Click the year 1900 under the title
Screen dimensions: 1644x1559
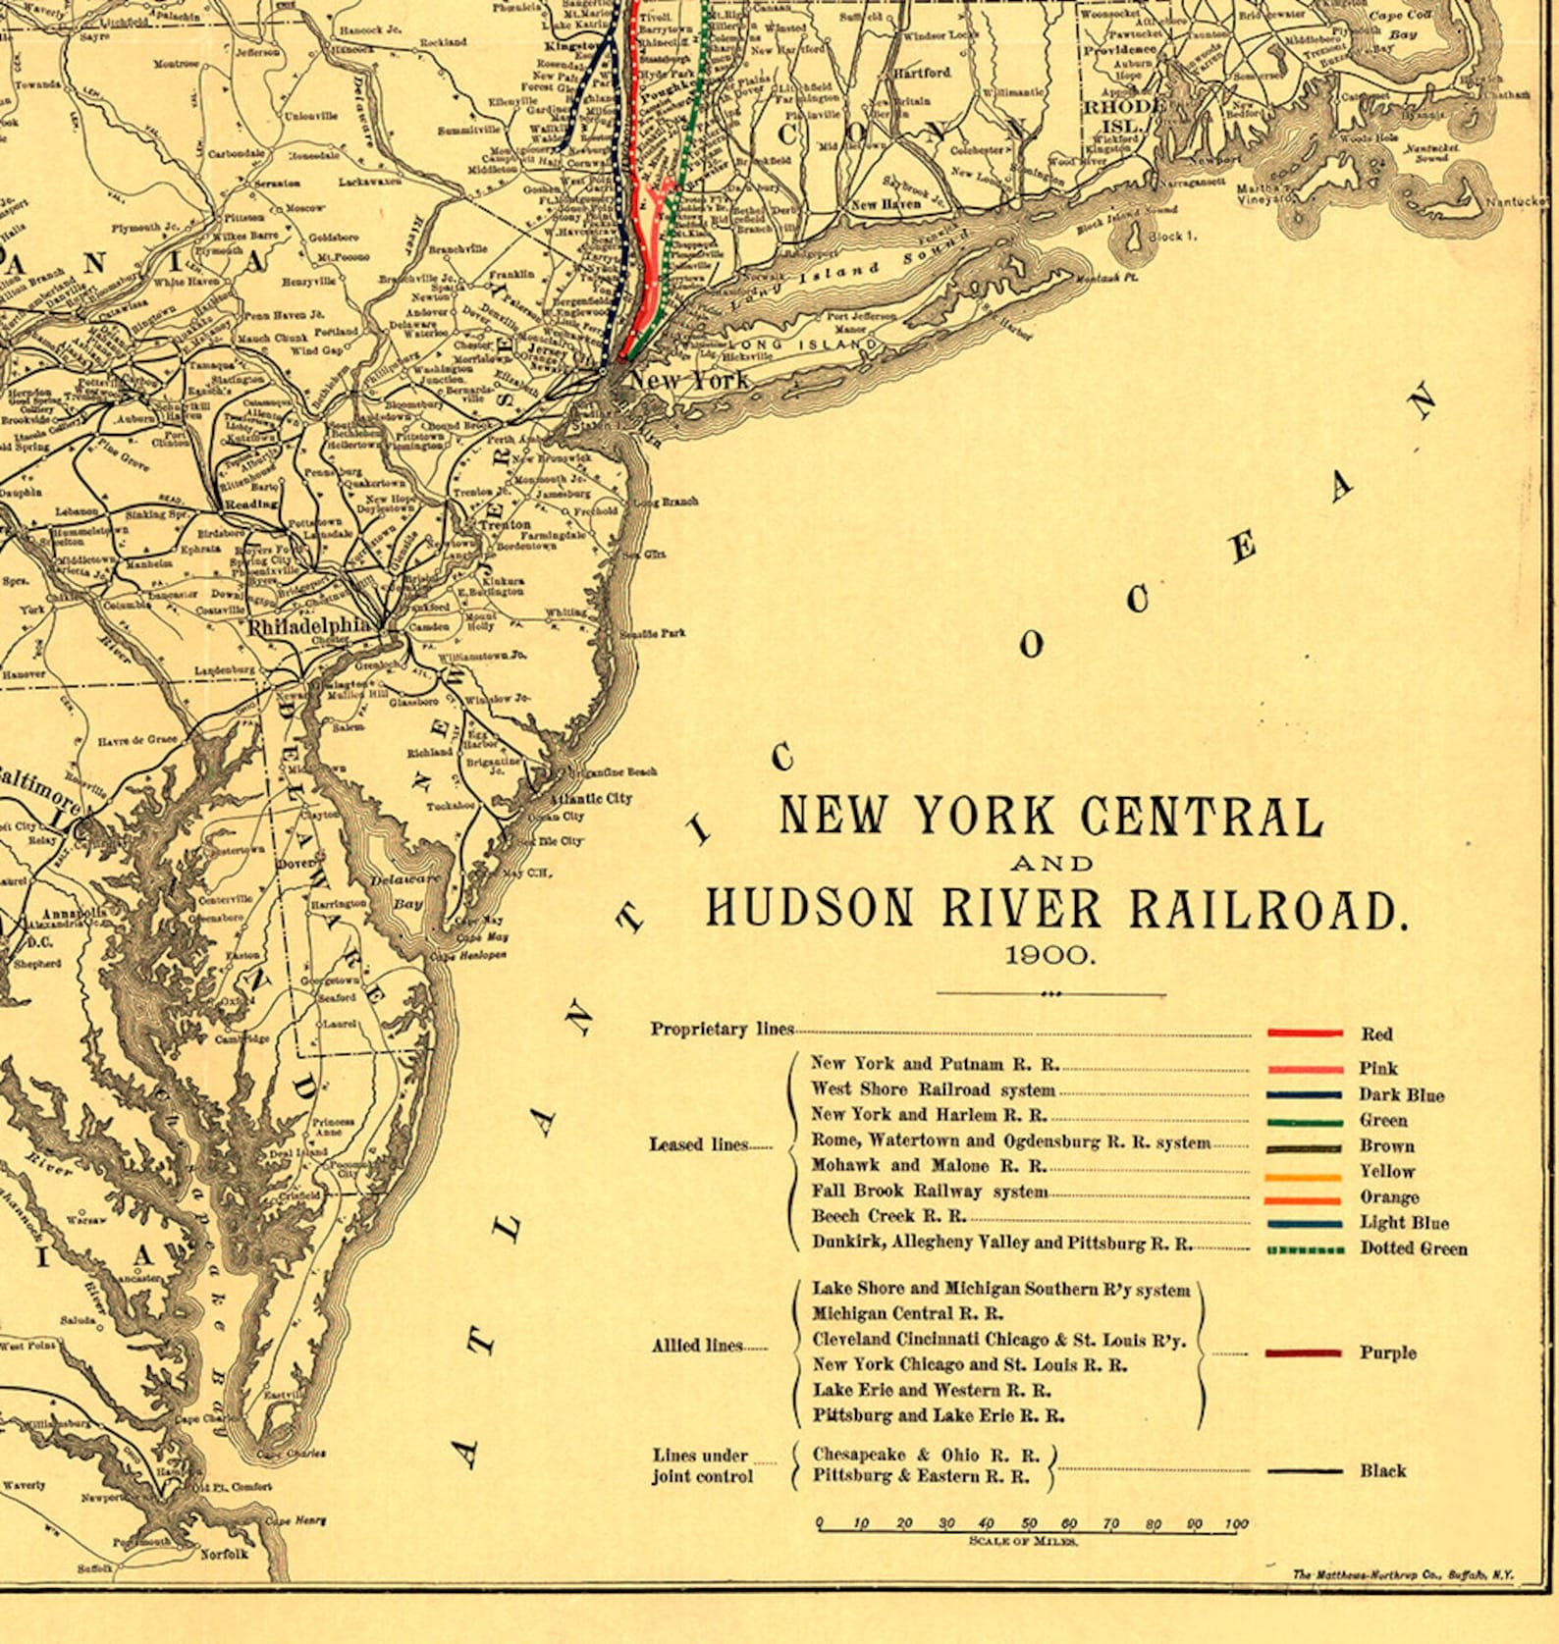[1049, 955]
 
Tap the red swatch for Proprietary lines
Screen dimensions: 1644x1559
[1304, 1034]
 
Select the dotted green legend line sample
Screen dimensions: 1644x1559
[1305, 1250]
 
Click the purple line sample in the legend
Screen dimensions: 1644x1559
[1304, 1353]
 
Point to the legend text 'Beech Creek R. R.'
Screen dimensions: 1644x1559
[888, 1216]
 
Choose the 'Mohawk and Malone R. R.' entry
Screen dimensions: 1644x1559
[928, 1166]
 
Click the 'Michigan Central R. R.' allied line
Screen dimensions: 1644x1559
[907, 1313]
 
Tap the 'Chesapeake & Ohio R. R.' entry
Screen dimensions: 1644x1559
[925, 1455]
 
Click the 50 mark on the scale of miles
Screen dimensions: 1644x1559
[1028, 1524]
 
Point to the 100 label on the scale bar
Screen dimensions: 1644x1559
[1236, 1524]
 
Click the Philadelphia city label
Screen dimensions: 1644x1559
[309, 626]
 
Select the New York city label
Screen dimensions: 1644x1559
[689, 380]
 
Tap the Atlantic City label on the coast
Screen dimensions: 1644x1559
[590, 799]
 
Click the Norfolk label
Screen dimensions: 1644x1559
[224, 1554]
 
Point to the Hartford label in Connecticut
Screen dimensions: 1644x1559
[922, 73]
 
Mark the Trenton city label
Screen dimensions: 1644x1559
[505, 525]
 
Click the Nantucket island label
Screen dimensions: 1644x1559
[1516, 201]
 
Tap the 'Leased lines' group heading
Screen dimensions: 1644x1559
[698, 1144]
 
